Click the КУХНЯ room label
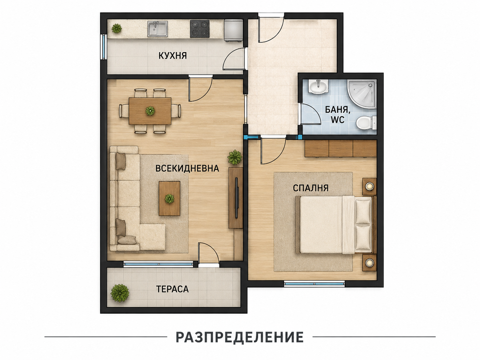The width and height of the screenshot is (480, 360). coord(172,55)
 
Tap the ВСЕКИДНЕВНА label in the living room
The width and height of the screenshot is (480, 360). coord(187,168)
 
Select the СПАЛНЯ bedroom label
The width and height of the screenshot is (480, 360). coord(311,188)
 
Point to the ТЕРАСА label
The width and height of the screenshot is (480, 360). coord(172,289)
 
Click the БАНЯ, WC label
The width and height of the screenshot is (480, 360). coord(338,115)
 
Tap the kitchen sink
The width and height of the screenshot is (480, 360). coord(157,29)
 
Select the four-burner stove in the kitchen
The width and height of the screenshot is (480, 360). coord(200,29)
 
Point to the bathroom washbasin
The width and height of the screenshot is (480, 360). coord(318,87)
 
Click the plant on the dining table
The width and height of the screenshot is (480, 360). coord(150,111)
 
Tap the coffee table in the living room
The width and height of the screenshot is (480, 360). coord(169,199)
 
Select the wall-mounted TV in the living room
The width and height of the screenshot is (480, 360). coord(236,198)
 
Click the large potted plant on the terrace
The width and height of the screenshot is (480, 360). coord(120,293)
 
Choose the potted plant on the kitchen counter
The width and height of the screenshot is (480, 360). coord(117,29)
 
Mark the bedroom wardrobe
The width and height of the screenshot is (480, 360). coord(340,149)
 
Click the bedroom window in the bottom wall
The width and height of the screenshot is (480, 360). coord(314,284)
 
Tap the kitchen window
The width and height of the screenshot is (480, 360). coord(104,46)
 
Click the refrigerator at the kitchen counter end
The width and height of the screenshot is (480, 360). coord(233,30)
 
